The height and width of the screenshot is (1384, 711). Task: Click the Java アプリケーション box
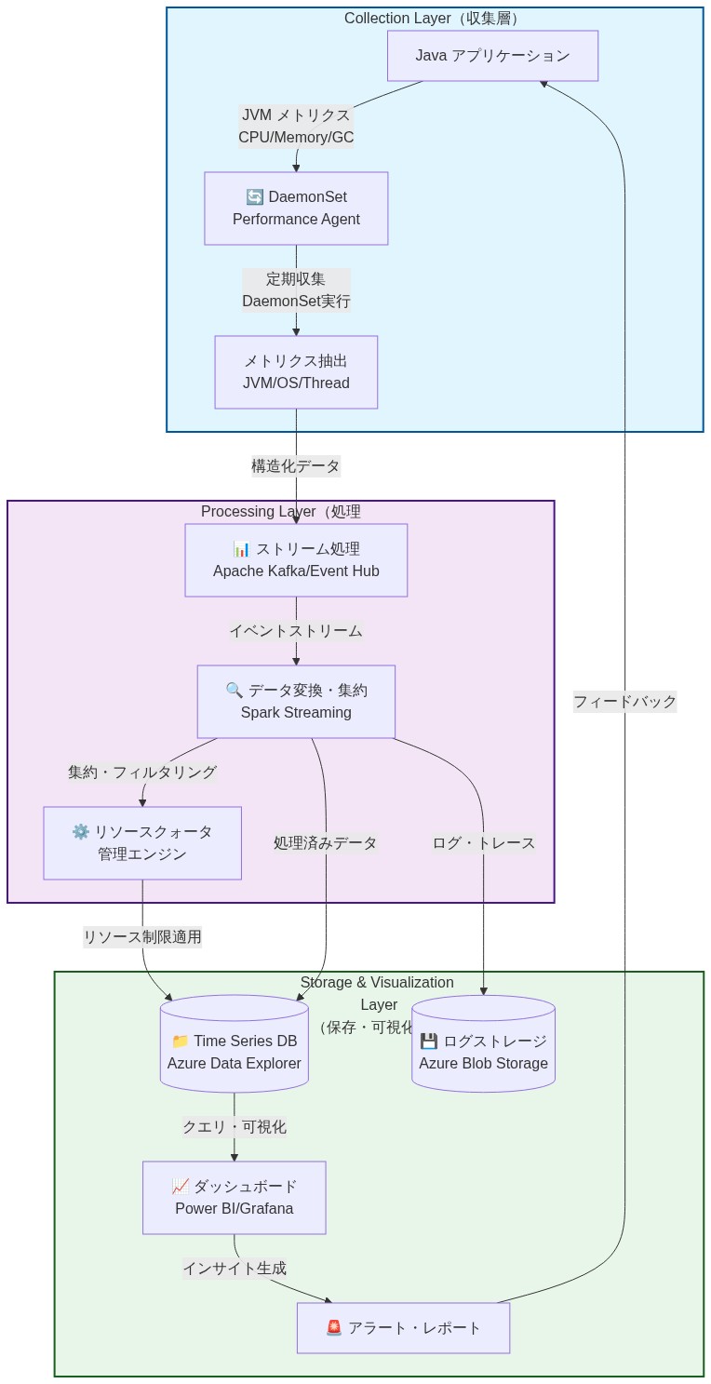click(x=492, y=56)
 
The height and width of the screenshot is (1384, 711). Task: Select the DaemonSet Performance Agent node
click(x=296, y=208)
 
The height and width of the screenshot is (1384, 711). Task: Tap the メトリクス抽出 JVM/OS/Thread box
click(x=296, y=372)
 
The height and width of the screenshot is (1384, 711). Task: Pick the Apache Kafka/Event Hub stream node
click(x=296, y=560)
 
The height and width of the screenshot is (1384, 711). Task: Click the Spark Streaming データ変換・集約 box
click(x=296, y=702)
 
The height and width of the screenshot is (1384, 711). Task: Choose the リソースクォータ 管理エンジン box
click(x=142, y=843)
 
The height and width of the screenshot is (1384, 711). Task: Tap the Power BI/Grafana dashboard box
click(x=234, y=1198)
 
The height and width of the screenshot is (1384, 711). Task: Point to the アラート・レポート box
click(x=403, y=1328)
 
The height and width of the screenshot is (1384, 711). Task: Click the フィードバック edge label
click(x=624, y=702)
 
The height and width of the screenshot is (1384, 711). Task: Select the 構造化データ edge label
click(x=296, y=465)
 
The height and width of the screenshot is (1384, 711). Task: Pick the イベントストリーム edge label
click(x=296, y=631)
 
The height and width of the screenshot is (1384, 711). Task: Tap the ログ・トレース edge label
click(x=483, y=843)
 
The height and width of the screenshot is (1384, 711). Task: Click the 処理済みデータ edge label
click(x=325, y=843)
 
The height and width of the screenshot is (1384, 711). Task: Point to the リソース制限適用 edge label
click(x=142, y=937)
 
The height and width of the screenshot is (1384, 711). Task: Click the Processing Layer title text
click(x=280, y=512)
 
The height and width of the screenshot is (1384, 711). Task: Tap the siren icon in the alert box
click(x=334, y=1328)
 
